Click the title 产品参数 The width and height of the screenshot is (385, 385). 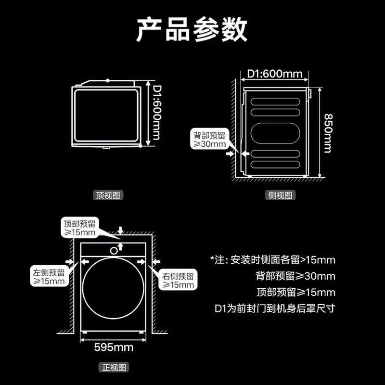point(192,30)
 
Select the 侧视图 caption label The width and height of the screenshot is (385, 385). point(281,195)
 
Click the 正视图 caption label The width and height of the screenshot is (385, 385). point(114,368)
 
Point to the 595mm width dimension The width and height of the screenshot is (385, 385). point(114,347)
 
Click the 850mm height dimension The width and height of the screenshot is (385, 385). point(327,133)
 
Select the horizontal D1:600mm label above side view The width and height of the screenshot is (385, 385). point(275,74)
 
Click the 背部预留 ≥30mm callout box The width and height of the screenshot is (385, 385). point(207,140)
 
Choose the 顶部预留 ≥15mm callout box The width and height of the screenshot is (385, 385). point(80,228)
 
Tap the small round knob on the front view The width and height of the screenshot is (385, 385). point(114,250)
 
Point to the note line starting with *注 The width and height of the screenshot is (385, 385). point(272,260)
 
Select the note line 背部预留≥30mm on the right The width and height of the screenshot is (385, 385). point(295,276)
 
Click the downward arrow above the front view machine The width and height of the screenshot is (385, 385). point(121,231)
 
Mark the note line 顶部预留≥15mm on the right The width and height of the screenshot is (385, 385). point(295,292)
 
